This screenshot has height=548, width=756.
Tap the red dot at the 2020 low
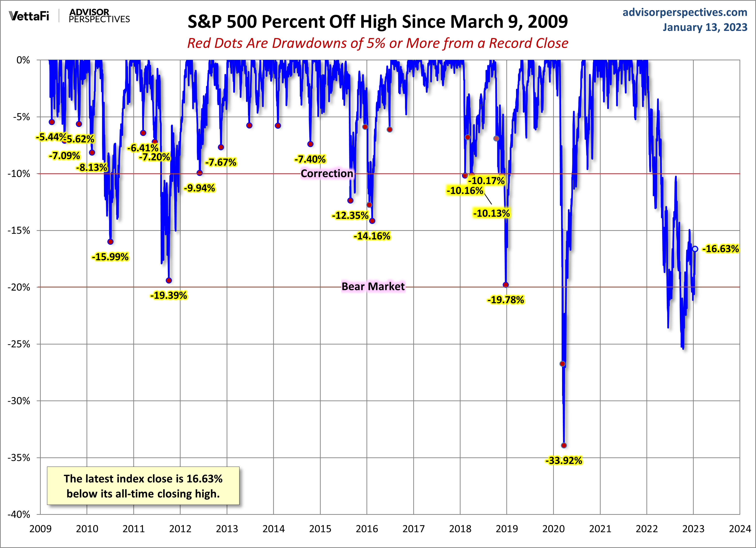564,445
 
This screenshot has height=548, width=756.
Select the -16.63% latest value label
720,249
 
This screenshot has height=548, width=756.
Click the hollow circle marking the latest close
695,249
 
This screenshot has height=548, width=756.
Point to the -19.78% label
505,300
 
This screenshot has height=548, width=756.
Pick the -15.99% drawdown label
110,257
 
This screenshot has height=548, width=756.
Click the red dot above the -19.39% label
169,281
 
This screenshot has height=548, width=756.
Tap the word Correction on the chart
327,173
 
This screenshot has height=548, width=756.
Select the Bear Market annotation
373,287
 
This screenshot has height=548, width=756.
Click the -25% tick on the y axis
19,344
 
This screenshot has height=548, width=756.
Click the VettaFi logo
29,16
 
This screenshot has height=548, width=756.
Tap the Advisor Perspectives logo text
99,16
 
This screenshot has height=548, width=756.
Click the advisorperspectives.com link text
685,12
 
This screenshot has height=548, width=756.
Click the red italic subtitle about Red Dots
378,43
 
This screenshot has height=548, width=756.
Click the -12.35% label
350,216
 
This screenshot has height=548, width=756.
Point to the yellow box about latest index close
143,486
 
